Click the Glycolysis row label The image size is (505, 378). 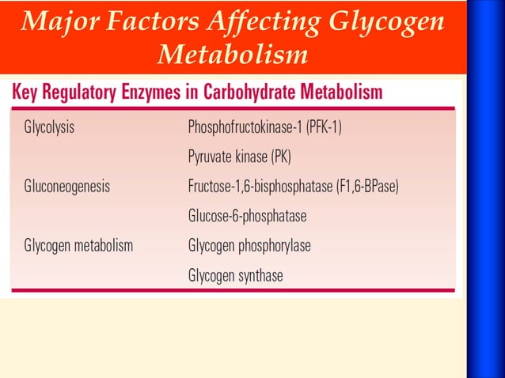coord(49,127)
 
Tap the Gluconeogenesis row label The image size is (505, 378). coord(66,187)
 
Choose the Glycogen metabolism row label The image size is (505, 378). coord(78,247)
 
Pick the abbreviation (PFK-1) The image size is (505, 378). coord(321,127)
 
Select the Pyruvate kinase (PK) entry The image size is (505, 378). coord(239,157)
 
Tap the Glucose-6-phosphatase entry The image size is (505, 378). coord(247,216)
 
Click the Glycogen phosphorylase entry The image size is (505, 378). coord(249,247)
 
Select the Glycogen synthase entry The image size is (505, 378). coord(235,276)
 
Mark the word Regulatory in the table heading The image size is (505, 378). coord(78,93)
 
